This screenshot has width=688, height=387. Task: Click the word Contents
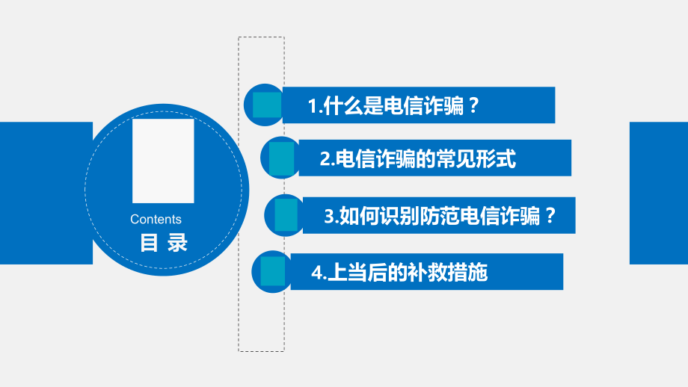[x=156, y=220]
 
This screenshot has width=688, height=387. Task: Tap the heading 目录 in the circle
[x=164, y=244]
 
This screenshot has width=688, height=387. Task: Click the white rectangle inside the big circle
[x=163, y=161]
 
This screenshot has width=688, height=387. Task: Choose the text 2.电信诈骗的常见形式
[x=417, y=159]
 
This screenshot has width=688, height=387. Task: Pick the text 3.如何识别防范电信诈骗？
[x=440, y=217]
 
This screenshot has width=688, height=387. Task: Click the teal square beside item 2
[x=282, y=158]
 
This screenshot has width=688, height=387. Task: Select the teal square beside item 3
[x=286, y=215]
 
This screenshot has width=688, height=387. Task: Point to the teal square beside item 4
[x=272, y=272]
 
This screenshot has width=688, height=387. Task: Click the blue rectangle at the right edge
[x=658, y=193]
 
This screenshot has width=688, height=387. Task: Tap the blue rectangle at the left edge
[x=46, y=193]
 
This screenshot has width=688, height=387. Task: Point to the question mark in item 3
[x=550, y=217]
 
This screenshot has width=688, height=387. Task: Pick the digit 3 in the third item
[x=329, y=217]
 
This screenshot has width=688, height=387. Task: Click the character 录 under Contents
[x=177, y=244]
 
